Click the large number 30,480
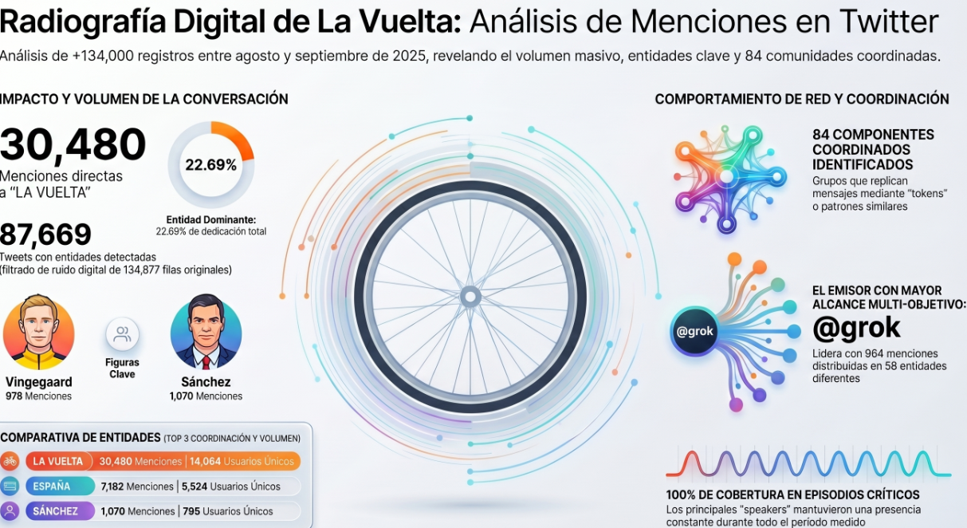[x=73, y=144]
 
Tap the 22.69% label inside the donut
[x=211, y=164]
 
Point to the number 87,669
[x=45, y=234]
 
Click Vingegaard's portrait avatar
[x=38, y=333]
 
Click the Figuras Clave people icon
[x=122, y=334]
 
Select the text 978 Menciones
[x=38, y=396]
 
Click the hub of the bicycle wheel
[x=470, y=297]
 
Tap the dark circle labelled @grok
[x=694, y=332]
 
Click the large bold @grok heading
[x=856, y=328]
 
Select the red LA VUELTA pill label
[x=59, y=462]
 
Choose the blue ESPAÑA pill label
[x=60, y=487]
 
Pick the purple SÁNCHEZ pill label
[x=60, y=511]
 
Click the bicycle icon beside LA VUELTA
[x=10, y=462]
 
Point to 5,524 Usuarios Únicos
[x=231, y=487]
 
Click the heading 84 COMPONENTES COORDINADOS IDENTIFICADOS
[x=873, y=149]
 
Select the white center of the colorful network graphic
[x=727, y=177]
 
